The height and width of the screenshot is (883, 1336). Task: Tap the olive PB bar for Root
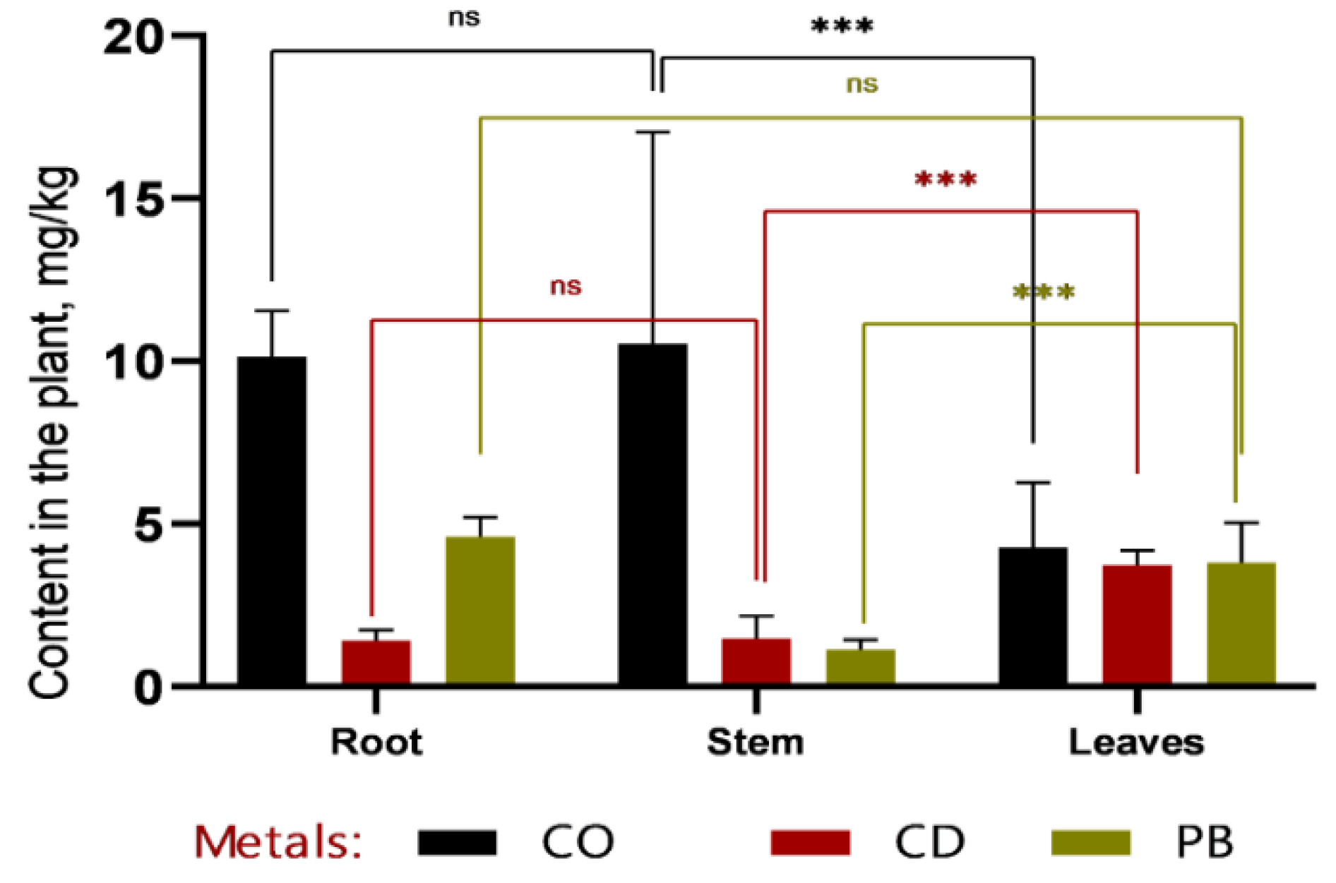pyautogui.click(x=480, y=610)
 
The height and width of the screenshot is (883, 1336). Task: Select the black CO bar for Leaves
pyautogui.click(x=1032, y=615)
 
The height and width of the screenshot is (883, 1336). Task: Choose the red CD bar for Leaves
pyautogui.click(x=1137, y=624)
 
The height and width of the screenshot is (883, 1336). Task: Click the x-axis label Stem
pyautogui.click(x=756, y=743)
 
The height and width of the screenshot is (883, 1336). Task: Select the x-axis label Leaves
pyautogui.click(x=1136, y=743)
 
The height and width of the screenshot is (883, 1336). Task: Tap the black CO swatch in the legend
pyautogui.click(x=457, y=842)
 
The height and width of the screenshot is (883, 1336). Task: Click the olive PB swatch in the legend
pyautogui.click(x=1090, y=842)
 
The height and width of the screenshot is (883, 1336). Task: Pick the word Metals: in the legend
pyautogui.click(x=278, y=841)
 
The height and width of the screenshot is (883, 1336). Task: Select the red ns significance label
pyautogui.click(x=566, y=287)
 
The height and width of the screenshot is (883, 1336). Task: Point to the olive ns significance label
pyautogui.click(x=861, y=85)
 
